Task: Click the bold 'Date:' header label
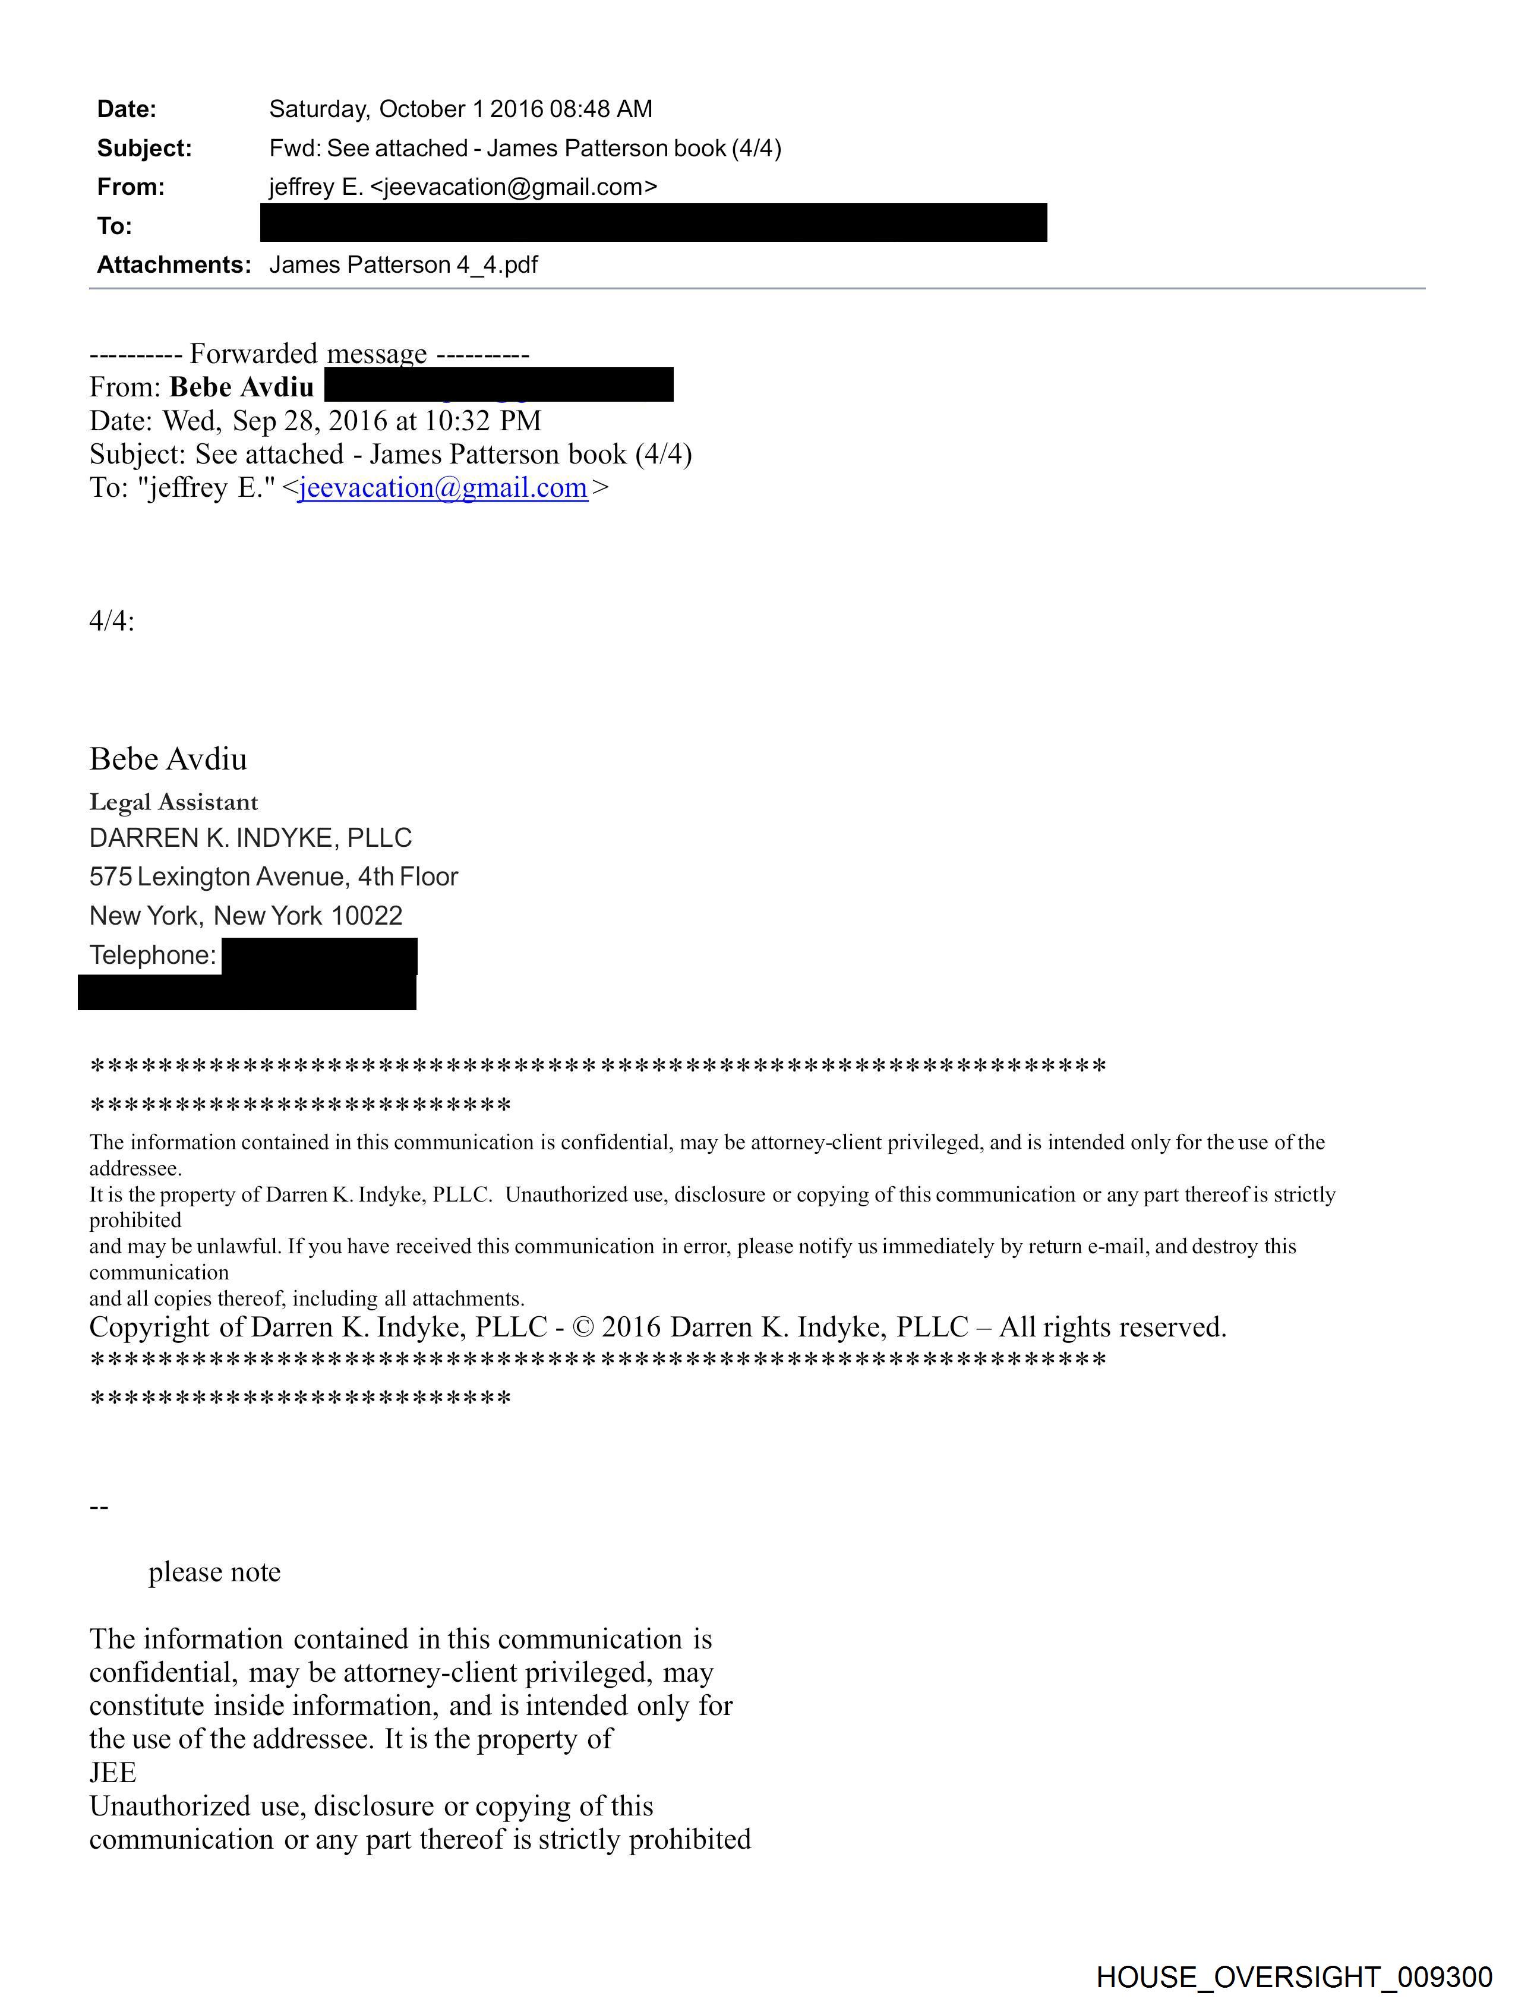[x=127, y=109]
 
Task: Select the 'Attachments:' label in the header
[x=173, y=265]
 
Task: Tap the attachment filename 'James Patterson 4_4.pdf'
[x=403, y=265]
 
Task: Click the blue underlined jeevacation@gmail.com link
[x=443, y=488]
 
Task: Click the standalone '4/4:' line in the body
[x=111, y=621]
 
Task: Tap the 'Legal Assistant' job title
[x=173, y=802]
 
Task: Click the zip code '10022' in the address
[x=367, y=916]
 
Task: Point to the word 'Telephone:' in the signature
[x=153, y=955]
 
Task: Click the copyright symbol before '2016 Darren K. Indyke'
[x=584, y=1328]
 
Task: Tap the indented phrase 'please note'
[x=214, y=1572]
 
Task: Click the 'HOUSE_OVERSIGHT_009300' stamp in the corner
[x=1293, y=1978]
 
